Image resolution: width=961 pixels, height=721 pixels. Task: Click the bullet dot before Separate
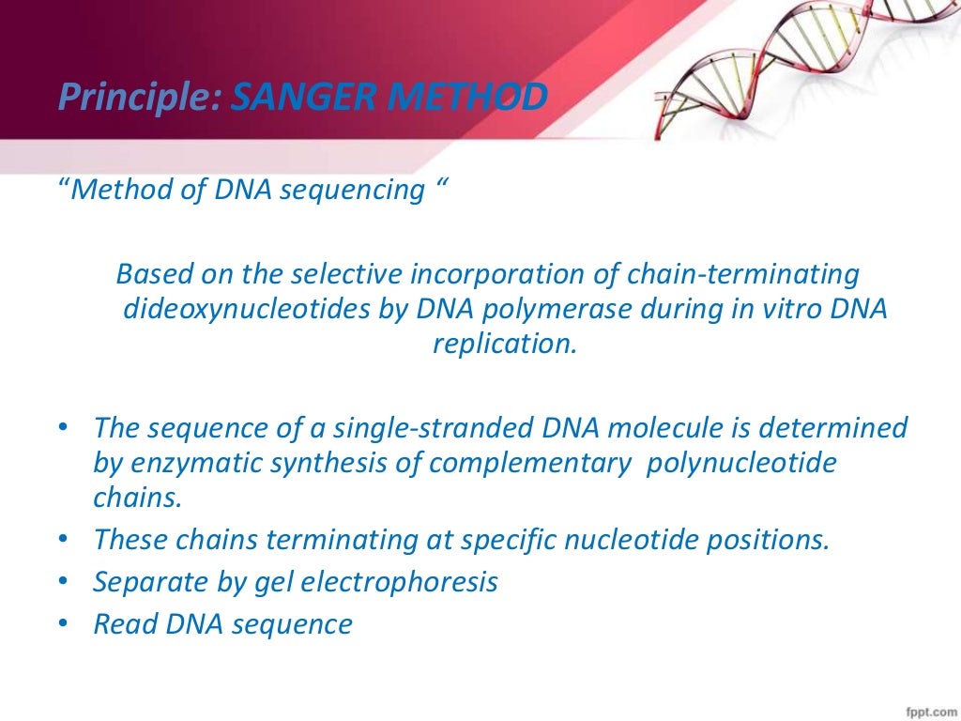tap(63, 582)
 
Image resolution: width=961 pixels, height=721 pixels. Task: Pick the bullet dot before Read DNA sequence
tap(63, 623)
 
